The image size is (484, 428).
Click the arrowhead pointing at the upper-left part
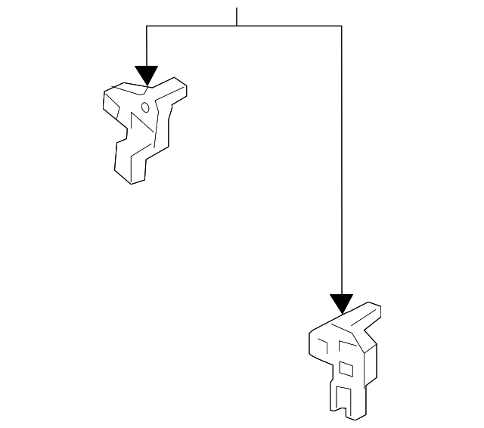coord(147,75)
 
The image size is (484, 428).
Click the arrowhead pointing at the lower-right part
coord(342,304)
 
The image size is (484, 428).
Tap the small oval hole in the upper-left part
coord(144,107)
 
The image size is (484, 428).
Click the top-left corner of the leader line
coord(147,26)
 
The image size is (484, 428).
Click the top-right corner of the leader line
coord(342,26)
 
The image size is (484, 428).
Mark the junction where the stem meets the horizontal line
coord(237,26)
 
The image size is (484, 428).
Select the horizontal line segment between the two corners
coord(287,26)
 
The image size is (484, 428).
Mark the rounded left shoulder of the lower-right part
coord(315,340)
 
